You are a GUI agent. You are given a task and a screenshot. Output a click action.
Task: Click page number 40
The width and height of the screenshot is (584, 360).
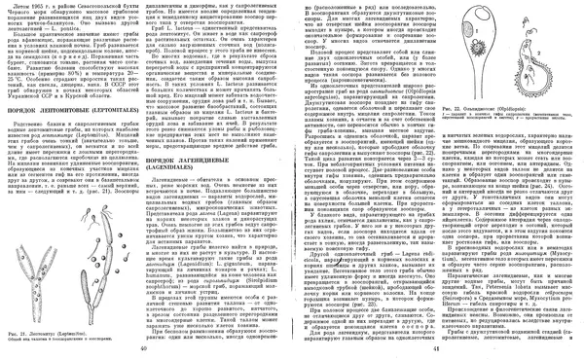(143, 348)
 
